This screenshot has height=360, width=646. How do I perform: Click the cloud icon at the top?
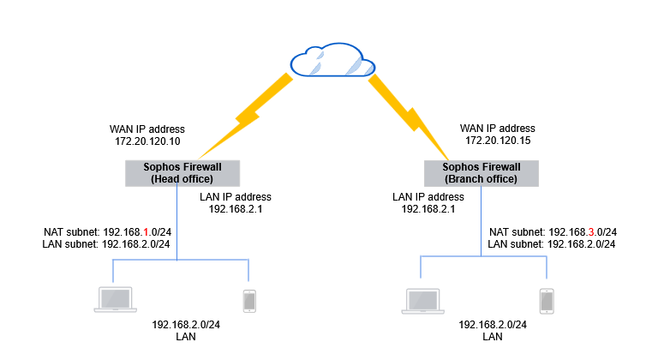click(x=332, y=62)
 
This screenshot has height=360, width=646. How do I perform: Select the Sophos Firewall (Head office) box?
click(x=182, y=172)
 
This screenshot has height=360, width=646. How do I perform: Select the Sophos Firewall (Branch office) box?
click(x=482, y=173)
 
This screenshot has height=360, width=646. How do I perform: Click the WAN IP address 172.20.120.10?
click(x=147, y=138)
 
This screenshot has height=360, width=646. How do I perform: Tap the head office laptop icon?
click(x=117, y=299)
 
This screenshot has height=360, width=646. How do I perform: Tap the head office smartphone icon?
click(x=248, y=299)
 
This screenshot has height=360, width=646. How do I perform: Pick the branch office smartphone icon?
click(x=546, y=300)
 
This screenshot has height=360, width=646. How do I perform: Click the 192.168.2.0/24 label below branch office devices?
click(x=493, y=326)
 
